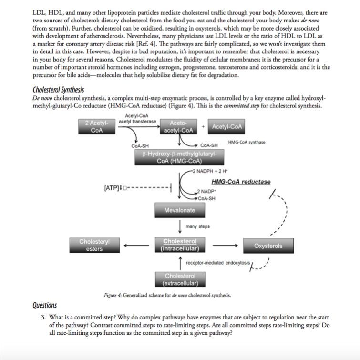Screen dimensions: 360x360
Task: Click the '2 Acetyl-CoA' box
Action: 97,127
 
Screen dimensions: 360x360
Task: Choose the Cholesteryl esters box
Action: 94,245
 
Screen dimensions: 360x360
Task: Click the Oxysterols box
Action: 268,246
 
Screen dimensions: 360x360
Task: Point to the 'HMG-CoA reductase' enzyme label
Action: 241,182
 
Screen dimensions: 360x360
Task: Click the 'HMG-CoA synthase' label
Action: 247,142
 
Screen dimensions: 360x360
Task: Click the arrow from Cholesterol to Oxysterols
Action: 225,246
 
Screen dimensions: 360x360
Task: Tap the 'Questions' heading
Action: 44,305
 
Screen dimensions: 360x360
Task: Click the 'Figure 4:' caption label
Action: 113,295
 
